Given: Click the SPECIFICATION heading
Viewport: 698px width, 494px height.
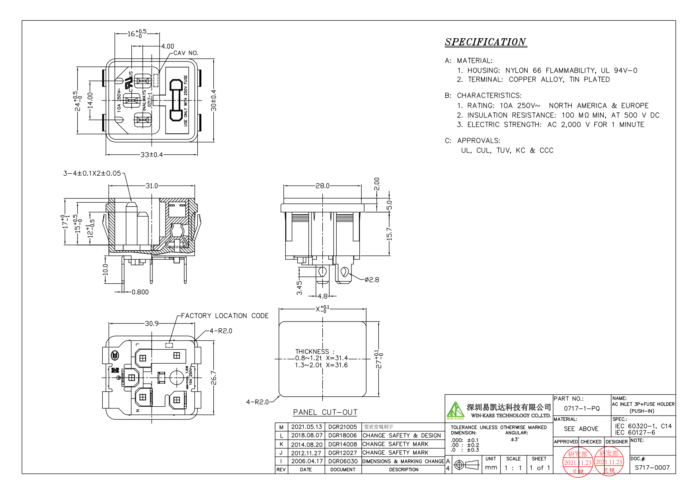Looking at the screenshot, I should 485,42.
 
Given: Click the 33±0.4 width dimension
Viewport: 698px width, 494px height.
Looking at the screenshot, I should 152,155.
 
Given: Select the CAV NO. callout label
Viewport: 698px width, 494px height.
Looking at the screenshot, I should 186,53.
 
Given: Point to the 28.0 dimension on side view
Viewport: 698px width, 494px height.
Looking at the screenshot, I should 322,186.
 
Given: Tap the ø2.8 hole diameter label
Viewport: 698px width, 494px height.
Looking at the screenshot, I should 372,280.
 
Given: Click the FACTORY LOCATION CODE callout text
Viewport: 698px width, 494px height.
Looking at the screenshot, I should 225,316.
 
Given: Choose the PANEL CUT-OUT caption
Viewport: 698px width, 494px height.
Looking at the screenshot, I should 325,412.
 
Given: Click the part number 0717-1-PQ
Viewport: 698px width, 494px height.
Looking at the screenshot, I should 581,408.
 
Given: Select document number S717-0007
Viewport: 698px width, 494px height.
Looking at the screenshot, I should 652,468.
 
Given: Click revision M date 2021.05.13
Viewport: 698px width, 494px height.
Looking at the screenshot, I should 306,427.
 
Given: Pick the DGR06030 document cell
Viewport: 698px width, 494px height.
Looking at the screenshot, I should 343,461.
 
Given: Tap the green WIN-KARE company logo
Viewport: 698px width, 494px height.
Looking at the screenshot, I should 455,410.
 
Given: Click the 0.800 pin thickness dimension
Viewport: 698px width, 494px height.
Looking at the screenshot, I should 140,292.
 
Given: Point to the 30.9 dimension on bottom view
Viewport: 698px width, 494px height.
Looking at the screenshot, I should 152,323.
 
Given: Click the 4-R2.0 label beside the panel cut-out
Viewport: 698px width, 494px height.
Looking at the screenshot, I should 257,402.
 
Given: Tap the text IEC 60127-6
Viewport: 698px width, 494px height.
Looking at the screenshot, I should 635,432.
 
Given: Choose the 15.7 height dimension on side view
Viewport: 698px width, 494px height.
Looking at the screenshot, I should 389,234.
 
